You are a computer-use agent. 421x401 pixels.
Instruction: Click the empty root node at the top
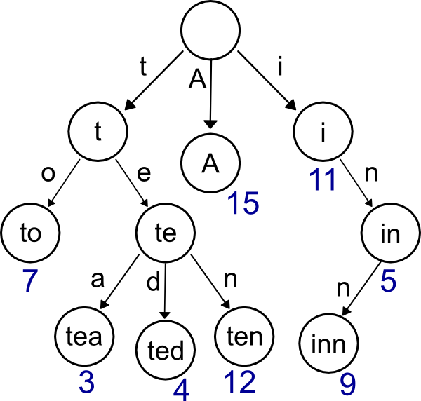click(210, 32)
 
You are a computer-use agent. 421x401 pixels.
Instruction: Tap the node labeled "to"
click(30, 234)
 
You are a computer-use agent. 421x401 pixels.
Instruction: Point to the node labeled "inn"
click(329, 344)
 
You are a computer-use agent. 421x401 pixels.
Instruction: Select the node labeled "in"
click(390, 234)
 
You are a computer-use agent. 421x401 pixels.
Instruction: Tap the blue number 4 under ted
click(180, 388)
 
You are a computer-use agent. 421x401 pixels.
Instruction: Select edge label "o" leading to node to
click(48, 173)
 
